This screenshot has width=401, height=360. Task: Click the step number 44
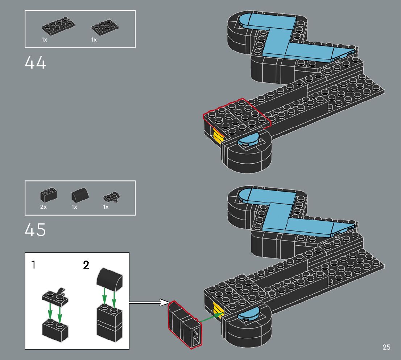coord(36,63)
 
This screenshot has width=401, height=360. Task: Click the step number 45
coord(36,230)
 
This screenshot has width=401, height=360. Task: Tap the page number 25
coord(386,347)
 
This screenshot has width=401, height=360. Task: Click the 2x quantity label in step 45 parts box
coord(44,207)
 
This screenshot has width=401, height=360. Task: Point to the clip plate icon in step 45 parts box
coord(111,197)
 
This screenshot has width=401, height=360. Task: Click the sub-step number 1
coord(33,265)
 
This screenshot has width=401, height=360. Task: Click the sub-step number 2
coord(86,265)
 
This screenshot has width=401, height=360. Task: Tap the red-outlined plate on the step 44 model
coord(237,114)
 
